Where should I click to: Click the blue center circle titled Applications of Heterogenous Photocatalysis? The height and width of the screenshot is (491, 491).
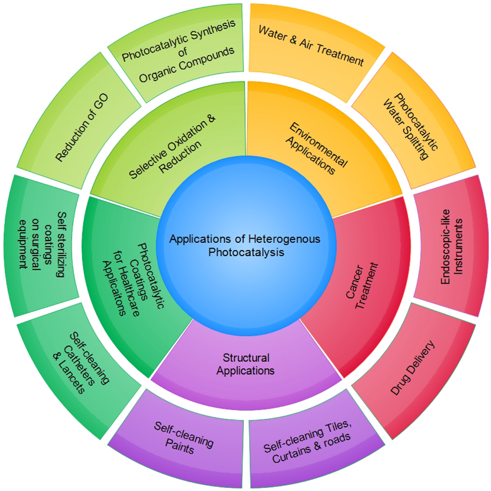tap(245, 245)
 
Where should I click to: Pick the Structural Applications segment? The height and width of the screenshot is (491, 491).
tap(245, 363)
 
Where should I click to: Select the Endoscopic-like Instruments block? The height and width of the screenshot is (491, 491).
tap(452, 245)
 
